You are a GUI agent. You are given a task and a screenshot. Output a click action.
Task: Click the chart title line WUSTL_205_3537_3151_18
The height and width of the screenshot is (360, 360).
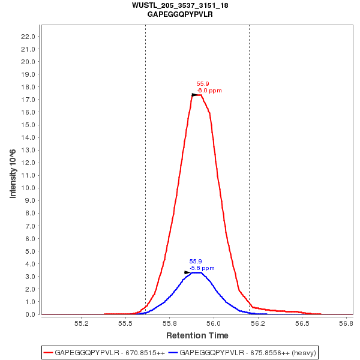click(180, 5)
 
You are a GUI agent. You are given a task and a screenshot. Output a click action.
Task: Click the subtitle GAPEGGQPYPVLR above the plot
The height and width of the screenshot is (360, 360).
click(180, 14)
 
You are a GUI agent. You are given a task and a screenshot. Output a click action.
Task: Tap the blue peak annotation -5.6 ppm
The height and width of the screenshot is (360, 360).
click(202, 268)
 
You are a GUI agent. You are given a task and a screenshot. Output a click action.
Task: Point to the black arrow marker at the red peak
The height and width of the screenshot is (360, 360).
click(195, 95)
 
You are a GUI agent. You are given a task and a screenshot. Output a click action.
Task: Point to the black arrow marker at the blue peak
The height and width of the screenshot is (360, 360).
click(188, 272)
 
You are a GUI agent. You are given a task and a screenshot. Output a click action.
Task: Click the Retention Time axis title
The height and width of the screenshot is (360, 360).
click(197, 335)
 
